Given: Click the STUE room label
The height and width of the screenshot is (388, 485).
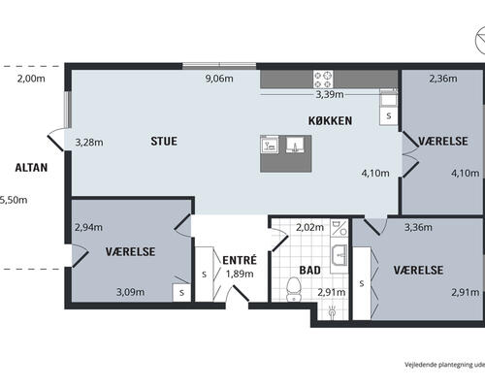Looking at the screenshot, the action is coord(164,142).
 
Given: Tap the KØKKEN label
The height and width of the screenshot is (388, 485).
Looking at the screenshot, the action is coord(330,120).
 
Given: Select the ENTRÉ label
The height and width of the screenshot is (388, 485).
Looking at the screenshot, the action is coord(240,260).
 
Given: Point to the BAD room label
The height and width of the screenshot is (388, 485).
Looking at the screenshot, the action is coord(309,270).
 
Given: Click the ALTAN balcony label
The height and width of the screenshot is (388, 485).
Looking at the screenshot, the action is coord(31,168).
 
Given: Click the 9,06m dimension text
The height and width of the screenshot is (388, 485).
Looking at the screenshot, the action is coord(219,79).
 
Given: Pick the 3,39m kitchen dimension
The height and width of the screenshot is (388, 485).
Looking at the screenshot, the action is coord(330,95).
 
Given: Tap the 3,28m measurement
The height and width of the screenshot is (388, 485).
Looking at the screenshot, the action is coord(89,143).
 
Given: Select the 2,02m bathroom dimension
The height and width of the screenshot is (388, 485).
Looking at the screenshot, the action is coord(309,227).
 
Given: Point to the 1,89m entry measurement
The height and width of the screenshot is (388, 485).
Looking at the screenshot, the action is coord(240,274).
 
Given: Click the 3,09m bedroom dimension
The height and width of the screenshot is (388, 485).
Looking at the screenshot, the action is coord(130,292).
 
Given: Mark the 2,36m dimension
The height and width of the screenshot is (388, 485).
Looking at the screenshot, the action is coord(443,79).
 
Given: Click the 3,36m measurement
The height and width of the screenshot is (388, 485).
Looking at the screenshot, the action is coord(418,227).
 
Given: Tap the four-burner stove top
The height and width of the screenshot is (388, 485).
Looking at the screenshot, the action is coord(323,80).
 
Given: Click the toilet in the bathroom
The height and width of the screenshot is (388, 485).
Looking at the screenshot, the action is coord(294,289).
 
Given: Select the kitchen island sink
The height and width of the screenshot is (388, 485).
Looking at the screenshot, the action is coord(294,145).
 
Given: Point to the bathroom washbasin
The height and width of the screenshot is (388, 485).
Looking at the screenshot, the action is coord(339,255).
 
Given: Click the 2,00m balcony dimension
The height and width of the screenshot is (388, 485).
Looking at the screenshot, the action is coord(31,79).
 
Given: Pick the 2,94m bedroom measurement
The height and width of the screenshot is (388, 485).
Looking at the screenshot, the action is coord(88,227).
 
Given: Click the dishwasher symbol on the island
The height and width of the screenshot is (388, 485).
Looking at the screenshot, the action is coord(270,145).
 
